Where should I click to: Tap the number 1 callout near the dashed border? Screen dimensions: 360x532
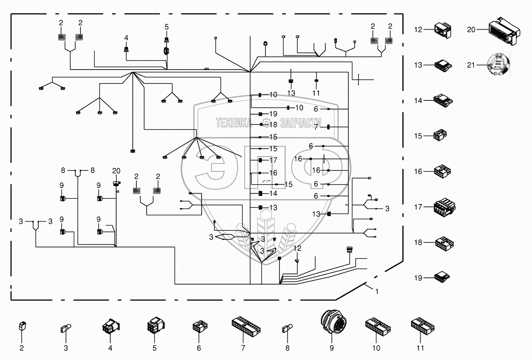377,291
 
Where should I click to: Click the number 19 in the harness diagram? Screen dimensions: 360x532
273,114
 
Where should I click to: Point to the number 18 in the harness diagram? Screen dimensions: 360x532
273,124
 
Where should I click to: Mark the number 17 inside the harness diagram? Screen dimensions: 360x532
273,160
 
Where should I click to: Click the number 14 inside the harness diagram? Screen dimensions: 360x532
273,194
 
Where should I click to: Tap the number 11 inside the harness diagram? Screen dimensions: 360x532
316,93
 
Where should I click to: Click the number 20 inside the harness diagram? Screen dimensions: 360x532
116,171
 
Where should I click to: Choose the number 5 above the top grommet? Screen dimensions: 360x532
166,27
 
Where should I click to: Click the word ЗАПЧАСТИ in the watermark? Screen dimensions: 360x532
300,123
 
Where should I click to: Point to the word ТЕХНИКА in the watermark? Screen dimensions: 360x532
233,123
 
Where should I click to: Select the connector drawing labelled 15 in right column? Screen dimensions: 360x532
440,136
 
